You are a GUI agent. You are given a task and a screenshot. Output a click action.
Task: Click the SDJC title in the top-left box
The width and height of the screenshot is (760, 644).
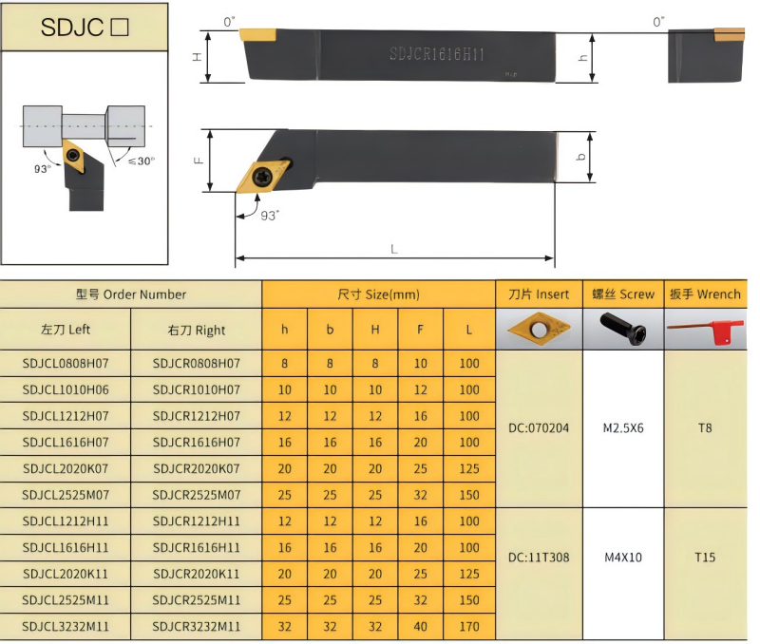[x=84, y=28]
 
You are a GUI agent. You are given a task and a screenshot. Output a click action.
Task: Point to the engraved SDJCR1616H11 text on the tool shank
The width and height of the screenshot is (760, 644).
[x=437, y=55]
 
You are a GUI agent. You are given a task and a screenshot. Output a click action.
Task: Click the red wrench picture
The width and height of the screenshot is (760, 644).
[x=705, y=330]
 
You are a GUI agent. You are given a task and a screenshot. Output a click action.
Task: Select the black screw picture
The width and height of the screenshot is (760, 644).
[x=623, y=330]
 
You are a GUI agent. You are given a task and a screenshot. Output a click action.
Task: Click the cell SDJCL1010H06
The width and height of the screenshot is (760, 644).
[x=66, y=389]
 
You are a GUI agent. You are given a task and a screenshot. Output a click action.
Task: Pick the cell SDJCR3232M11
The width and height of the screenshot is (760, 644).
[x=197, y=626]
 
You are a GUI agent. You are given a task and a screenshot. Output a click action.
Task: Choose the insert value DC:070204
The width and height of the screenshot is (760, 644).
[x=539, y=428]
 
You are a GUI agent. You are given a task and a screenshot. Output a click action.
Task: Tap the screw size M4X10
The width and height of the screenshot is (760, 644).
[x=623, y=558]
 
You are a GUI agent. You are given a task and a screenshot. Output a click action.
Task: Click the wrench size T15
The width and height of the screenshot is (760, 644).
[x=705, y=558]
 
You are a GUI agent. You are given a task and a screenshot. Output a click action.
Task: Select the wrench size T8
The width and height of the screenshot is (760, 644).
[x=705, y=428]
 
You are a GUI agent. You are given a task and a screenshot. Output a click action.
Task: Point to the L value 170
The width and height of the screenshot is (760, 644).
[x=469, y=626]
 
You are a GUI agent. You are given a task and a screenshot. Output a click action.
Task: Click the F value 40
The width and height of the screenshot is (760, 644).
[x=421, y=626]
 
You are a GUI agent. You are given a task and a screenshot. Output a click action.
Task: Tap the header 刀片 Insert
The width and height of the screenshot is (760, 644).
[x=539, y=294]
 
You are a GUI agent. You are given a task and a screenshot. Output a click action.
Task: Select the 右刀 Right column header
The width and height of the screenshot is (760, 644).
[x=197, y=331]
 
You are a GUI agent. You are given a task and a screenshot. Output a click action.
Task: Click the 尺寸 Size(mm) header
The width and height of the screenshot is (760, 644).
[x=378, y=294]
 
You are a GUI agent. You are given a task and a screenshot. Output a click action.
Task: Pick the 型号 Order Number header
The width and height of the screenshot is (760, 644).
[x=131, y=294]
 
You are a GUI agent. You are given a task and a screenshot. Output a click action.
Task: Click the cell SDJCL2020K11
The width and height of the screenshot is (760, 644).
[x=66, y=574]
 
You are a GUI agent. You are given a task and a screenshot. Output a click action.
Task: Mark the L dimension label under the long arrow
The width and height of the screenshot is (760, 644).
[x=394, y=249]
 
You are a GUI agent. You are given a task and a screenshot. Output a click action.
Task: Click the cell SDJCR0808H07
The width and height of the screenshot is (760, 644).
[x=197, y=363]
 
